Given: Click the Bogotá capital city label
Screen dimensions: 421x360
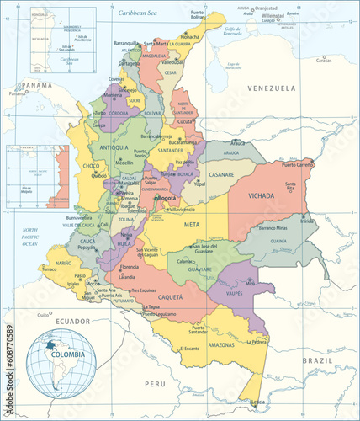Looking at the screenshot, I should (x=167, y=198).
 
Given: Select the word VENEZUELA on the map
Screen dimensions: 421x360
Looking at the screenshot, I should (x=271, y=88).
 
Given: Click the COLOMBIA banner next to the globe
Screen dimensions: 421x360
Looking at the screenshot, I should (x=69, y=354).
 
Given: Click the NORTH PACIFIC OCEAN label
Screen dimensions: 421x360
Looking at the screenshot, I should (x=30, y=236).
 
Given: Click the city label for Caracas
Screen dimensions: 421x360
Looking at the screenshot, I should (x=323, y=60).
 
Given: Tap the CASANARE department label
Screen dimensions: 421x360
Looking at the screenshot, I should (x=221, y=174).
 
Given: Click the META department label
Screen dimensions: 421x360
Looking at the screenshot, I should (x=192, y=225).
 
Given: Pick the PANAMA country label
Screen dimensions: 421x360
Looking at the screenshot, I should (x=38, y=85).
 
